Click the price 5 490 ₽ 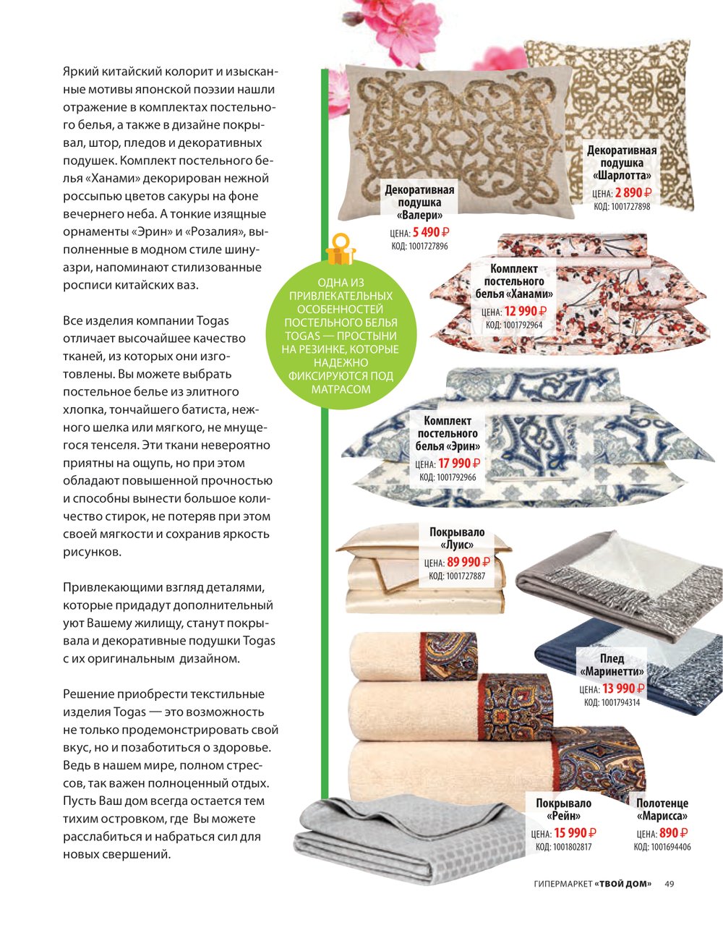[431, 233]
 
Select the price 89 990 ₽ [467, 562]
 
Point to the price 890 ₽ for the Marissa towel [673, 833]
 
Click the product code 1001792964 [513, 325]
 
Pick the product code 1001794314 [611, 702]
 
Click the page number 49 [669, 884]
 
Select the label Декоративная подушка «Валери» [419, 203]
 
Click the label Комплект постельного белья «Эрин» [448, 433]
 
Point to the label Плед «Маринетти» [611, 665]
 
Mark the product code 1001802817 [563, 847]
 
